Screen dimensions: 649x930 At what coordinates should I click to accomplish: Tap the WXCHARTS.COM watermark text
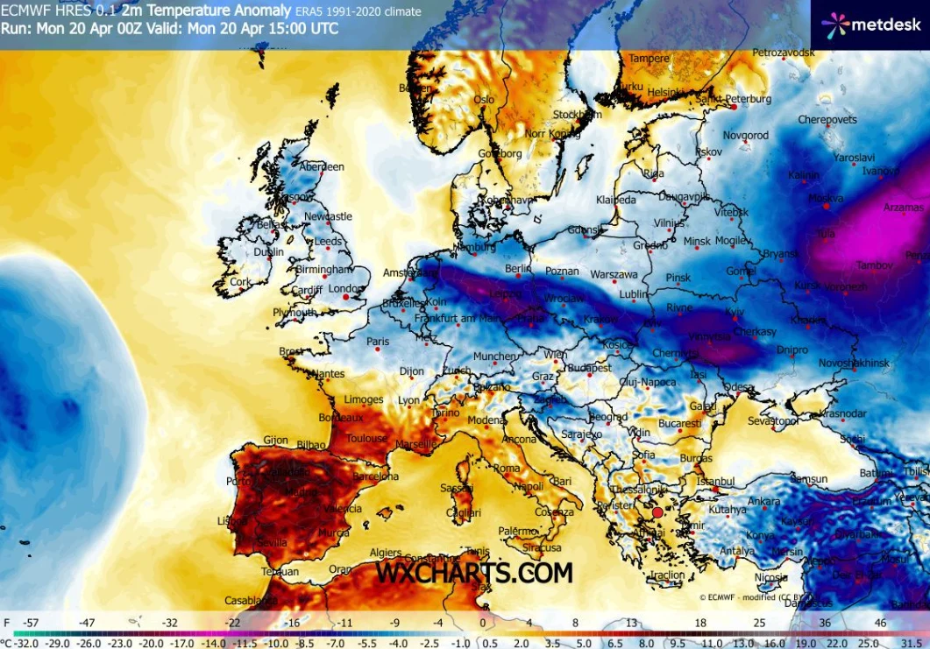coord(474,573)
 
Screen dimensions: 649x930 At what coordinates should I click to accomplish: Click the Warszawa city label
coord(614,274)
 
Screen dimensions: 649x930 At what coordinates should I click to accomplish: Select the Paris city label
coord(378,342)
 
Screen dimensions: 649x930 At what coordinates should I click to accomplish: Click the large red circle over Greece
coord(657,512)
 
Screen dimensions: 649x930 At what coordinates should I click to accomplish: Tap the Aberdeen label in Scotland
coord(322,166)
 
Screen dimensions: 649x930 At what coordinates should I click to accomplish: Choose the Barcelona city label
coord(375,477)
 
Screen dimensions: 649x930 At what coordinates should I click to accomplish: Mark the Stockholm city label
coord(577,115)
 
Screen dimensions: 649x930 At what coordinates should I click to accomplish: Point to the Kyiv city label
coord(735,312)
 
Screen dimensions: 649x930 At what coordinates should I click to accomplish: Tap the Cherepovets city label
coord(827,119)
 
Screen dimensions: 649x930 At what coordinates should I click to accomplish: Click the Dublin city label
coord(268,252)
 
